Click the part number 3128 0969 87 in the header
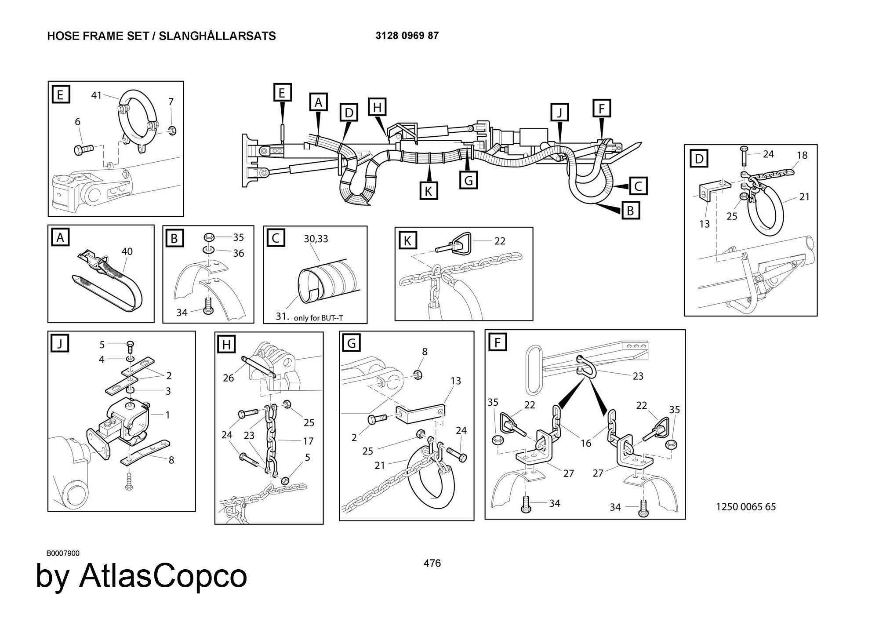[407, 36]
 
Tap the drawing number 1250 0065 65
[746, 506]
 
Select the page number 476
[432, 563]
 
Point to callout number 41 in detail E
[96, 95]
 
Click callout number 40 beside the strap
[127, 251]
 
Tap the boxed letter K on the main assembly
[428, 191]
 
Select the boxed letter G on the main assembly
[469, 180]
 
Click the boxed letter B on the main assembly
[630, 211]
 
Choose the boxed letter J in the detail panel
[60, 343]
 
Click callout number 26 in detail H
[228, 378]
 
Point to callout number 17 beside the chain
[308, 440]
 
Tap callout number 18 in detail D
[802, 155]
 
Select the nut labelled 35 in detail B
[209, 237]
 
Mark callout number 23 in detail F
[638, 376]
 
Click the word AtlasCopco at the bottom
[163, 576]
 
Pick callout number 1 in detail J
[167, 415]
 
